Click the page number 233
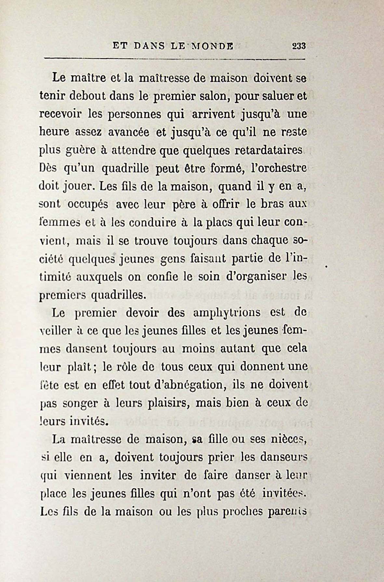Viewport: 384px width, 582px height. point(299,46)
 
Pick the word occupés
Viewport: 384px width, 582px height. point(89,205)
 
